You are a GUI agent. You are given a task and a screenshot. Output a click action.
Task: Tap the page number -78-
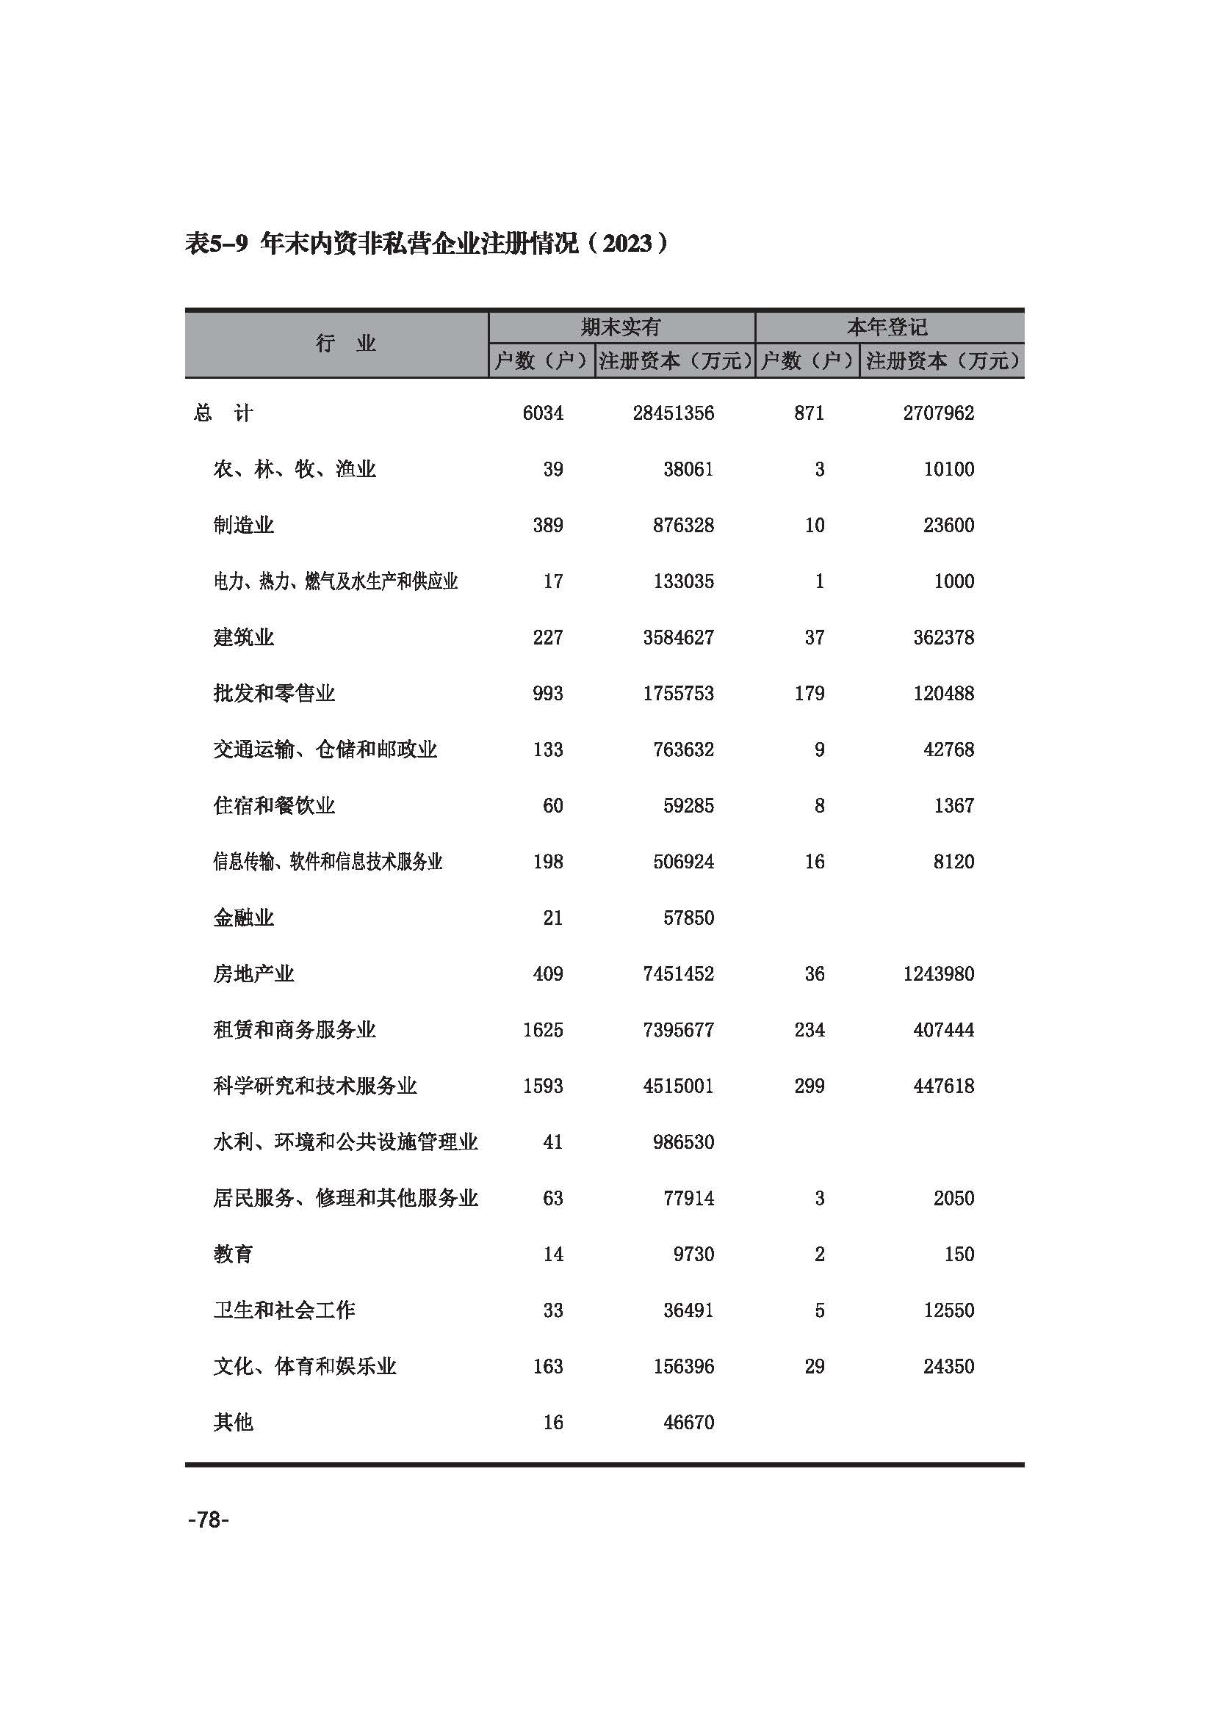tap(208, 1520)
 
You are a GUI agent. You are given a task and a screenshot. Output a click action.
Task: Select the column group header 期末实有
tap(621, 327)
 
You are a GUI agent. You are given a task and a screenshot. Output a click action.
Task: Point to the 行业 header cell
tap(345, 344)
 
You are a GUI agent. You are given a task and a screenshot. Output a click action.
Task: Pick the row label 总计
tap(223, 413)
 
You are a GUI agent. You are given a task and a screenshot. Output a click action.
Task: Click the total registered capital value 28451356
tap(674, 413)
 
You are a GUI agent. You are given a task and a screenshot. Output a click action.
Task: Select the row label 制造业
tap(243, 525)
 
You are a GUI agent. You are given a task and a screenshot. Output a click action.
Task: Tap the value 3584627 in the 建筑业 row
tap(679, 637)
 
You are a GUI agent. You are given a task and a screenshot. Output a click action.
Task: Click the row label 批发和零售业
tap(274, 693)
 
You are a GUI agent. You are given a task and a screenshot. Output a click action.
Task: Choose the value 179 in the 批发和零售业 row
tap(810, 693)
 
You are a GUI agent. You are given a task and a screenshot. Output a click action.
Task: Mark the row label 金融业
tap(243, 918)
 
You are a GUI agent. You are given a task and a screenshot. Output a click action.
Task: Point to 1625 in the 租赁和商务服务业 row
tap(543, 1030)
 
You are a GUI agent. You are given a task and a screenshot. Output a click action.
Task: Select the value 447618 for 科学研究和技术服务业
tap(943, 1086)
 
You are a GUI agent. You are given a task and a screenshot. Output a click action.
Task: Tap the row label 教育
tap(233, 1254)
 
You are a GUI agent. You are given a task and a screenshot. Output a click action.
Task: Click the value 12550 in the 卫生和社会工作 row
tap(948, 1310)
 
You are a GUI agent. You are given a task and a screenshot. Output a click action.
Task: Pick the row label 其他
tap(233, 1423)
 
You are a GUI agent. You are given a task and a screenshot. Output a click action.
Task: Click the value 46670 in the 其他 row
tap(688, 1423)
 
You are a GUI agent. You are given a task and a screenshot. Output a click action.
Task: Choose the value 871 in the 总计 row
tap(810, 413)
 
